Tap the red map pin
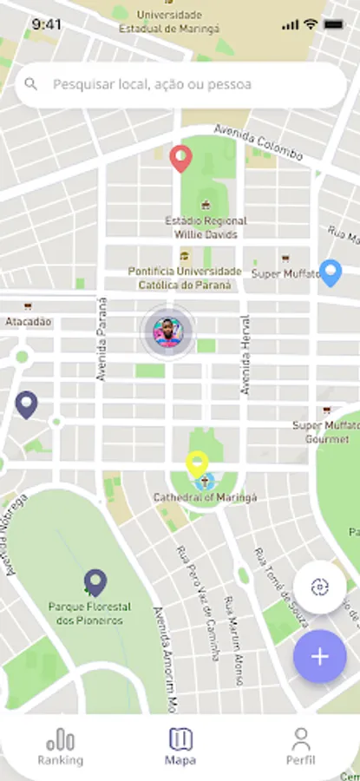pyautogui.click(x=180, y=158)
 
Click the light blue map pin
pyautogui.click(x=331, y=272)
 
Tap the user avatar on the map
pyautogui.click(x=167, y=331)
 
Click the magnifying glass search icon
pyautogui.click(x=32, y=84)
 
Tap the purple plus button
pyautogui.click(x=319, y=656)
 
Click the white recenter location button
pyautogui.click(x=319, y=587)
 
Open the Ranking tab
pyautogui.click(x=60, y=747)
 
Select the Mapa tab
pyautogui.click(x=180, y=747)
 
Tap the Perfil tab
pyautogui.click(x=300, y=747)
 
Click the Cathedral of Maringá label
pyautogui.click(x=206, y=497)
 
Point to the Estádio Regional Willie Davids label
pyautogui.click(x=206, y=227)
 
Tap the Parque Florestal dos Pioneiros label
pyautogui.click(x=89, y=614)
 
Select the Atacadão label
pyautogui.click(x=29, y=321)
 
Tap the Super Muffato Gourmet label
pyautogui.click(x=325, y=432)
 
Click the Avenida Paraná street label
pyautogui.click(x=101, y=339)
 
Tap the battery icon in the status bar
pyautogui.click(x=333, y=24)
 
